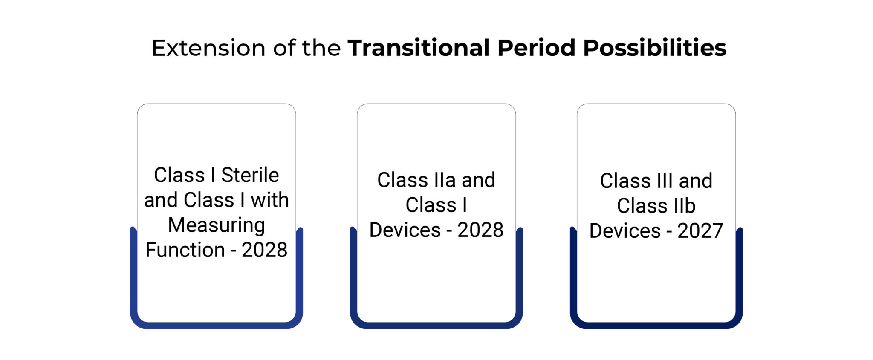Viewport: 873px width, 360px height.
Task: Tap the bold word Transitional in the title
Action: coord(419,48)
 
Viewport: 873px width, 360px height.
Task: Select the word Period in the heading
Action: coord(536,48)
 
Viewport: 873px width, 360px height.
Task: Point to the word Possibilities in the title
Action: coord(654,48)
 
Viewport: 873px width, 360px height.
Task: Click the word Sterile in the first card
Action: coord(250,175)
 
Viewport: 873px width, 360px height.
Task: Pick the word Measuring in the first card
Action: coord(217,225)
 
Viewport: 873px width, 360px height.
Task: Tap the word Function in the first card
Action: coord(185,250)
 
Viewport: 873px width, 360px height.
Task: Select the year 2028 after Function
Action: coord(264,250)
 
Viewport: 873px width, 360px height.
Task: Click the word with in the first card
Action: coord(269,200)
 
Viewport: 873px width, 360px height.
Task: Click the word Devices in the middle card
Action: coord(405,230)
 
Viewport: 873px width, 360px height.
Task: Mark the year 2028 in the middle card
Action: coord(480,230)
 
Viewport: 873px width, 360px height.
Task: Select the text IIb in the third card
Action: coord(685,206)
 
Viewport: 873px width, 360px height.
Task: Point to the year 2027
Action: coord(700,231)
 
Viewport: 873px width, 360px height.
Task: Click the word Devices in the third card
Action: coord(625,231)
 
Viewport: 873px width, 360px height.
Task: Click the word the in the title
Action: coord(321,48)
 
